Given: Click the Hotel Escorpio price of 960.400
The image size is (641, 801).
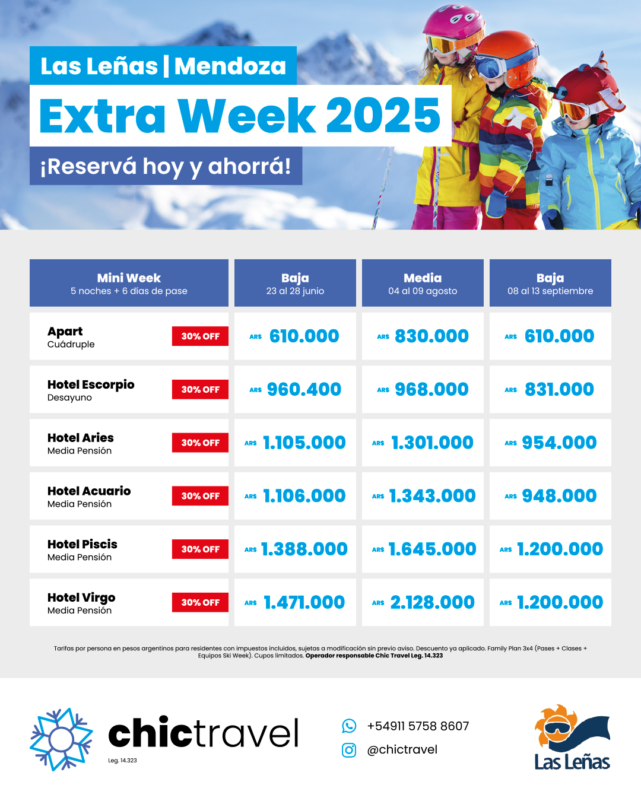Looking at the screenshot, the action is [x=304, y=389].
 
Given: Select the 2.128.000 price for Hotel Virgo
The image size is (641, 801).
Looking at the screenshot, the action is [x=432, y=602].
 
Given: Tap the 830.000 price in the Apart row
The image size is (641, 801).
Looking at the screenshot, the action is [x=431, y=336].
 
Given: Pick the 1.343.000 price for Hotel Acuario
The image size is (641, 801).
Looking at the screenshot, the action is [x=432, y=496].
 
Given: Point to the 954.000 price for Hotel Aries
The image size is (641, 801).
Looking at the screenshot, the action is [x=559, y=443].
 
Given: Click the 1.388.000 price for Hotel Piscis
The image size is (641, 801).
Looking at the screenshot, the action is [x=304, y=549].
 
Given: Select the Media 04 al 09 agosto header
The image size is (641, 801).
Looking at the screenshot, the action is [x=423, y=283].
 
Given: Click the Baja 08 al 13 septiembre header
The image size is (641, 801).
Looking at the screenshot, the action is [x=550, y=283].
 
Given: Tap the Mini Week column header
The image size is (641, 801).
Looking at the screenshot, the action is [x=129, y=283].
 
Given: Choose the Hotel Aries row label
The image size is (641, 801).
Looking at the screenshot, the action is [x=81, y=443].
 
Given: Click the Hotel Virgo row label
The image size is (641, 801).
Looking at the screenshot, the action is [x=81, y=603].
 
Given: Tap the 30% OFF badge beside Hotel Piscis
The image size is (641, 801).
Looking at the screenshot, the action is [x=200, y=549].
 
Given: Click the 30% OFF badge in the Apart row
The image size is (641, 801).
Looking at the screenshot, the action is [x=200, y=336].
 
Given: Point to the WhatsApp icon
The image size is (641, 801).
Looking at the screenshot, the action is [x=349, y=726].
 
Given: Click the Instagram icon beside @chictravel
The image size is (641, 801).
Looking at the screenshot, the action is [x=349, y=750].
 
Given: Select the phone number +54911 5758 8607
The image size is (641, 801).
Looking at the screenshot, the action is [x=418, y=726].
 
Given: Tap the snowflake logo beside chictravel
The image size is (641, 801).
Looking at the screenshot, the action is [x=61, y=739].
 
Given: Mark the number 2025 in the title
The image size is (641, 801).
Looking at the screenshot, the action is [x=383, y=115].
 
